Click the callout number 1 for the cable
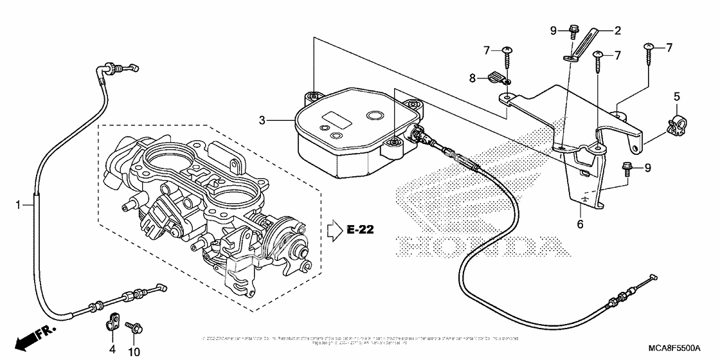[x=19, y=204]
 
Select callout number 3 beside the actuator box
[x=262, y=120]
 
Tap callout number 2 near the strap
[x=618, y=30]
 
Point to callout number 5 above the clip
[x=676, y=97]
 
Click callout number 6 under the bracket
[x=580, y=224]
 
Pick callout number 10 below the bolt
[x=135, y=351]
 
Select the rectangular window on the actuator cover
[x=336, y=120]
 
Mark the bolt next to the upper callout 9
[x=573, y=30]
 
